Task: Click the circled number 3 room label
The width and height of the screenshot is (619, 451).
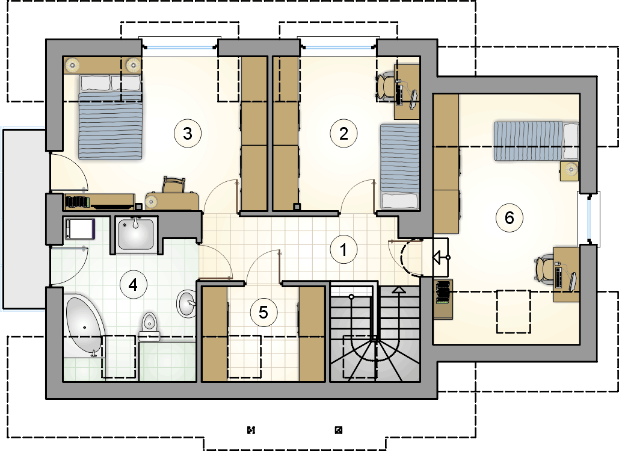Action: pos(188,133)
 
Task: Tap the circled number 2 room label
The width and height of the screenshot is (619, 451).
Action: pos(343,133)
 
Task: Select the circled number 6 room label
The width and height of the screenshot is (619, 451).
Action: pos(510,217)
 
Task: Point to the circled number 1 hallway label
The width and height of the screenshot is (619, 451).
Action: pos(343,249)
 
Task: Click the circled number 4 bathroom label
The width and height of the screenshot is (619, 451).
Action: pos(133,285)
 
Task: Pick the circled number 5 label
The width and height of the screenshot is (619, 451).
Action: pos(263,313)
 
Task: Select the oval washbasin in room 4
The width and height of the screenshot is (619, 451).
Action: pos(186,303)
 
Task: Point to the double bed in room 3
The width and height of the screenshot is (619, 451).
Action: pos(110,117)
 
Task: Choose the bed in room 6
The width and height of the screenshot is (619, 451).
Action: pos(536,141)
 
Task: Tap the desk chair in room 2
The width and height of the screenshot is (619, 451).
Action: pos(386,87)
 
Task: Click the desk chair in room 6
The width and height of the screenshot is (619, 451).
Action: pos(545,270)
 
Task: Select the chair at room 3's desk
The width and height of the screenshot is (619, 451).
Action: pos(174,185)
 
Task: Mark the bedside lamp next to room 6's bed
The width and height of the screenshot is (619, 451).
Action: pos(570,170)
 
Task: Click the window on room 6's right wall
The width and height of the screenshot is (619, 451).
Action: pos(588,219)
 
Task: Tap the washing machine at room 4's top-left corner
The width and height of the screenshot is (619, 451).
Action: pos(80,229)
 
